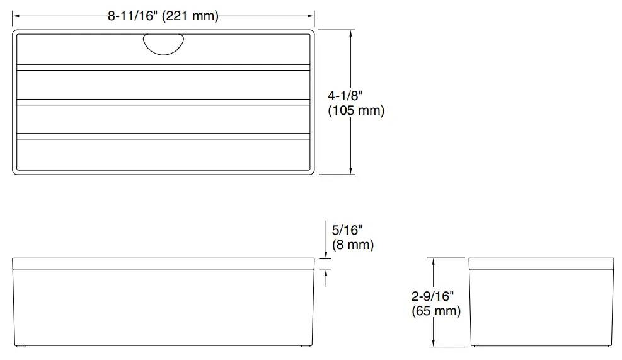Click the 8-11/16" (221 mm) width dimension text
(163, 17)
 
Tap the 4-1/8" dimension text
(346, 96)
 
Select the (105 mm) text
(356, 111)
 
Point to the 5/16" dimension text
(347, 230)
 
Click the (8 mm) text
(352, 245)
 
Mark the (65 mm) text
(436, 311)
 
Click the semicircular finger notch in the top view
(164, 44)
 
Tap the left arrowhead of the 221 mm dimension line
(16, 17)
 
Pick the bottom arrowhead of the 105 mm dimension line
(351, 170)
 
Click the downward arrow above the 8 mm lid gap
(326, 253)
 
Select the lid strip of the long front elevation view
(163, 262)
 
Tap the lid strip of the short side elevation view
(541, 262)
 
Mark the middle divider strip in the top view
(163, 102)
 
